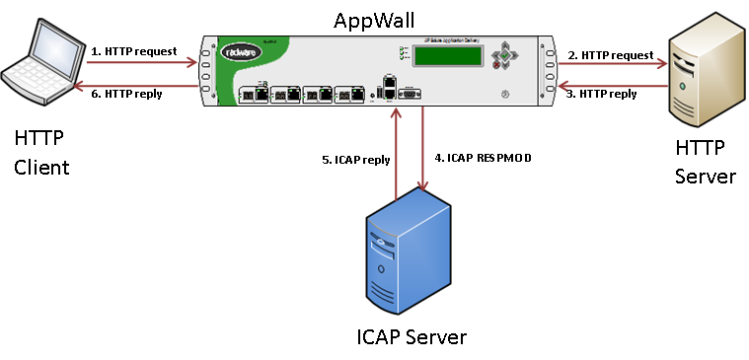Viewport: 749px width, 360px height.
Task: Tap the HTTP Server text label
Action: pyautogui.click(x=705, y=163)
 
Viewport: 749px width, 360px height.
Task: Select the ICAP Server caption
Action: pyautogui.click(x=411, y=337)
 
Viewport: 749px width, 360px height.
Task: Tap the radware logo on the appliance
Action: pyautogui.click(x=242, y=53)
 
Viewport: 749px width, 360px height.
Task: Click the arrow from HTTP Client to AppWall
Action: pyautogui.click(x=138, y=63)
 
